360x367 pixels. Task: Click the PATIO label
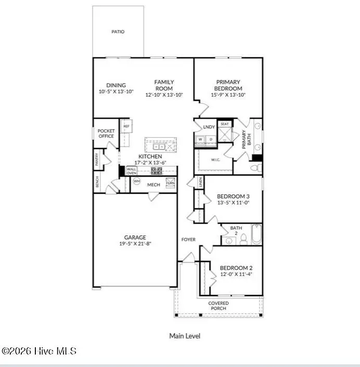click(118, 32)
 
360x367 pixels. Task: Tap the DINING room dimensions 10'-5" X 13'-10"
click(116, 92)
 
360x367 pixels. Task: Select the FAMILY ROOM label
click(164, 85)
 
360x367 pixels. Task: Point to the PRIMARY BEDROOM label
click(228, 85)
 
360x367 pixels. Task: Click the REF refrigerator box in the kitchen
click(126, 126)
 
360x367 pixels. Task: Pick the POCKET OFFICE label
click(106, 134)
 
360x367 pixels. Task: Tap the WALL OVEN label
click(132, 171)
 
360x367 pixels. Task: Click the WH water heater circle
click(137, 181)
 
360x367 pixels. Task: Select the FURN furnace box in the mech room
click(170, 183)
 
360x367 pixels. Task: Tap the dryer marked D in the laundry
click(210, 139)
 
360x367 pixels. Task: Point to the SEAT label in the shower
click(225, 124)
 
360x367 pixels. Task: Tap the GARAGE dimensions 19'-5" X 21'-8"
click(135, 244)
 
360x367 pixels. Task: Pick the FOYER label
click(188, 240)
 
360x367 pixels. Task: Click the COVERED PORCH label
click(218, 306)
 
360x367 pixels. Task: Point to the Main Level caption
click(184, 336)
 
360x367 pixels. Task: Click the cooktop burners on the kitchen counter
click(156, 170)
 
